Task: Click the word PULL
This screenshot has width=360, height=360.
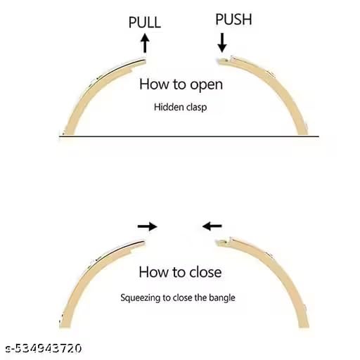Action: point(145,22)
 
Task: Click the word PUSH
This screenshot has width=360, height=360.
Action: point(233,19)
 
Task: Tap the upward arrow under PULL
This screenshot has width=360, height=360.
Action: point(145,43)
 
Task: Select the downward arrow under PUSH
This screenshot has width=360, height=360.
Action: point(222,43)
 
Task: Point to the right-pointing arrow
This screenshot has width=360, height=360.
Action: point(148,226)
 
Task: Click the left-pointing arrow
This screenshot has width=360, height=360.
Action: point(212,226)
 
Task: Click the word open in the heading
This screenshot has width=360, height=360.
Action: point(206,85)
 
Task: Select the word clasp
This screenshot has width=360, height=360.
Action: point(197,108)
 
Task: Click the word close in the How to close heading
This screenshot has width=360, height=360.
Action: point(205,272)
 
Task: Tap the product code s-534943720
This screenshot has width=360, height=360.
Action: point(44,348)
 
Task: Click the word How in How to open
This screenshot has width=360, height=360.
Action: point(154,84)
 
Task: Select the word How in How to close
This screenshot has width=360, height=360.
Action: point(153,272)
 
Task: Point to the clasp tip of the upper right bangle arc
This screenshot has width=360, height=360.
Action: point(219,61)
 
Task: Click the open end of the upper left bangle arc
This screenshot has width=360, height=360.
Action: point(145,61)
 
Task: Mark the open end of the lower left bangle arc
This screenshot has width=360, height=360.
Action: point(144,243)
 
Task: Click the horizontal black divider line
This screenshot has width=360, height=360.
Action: point(189,136)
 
